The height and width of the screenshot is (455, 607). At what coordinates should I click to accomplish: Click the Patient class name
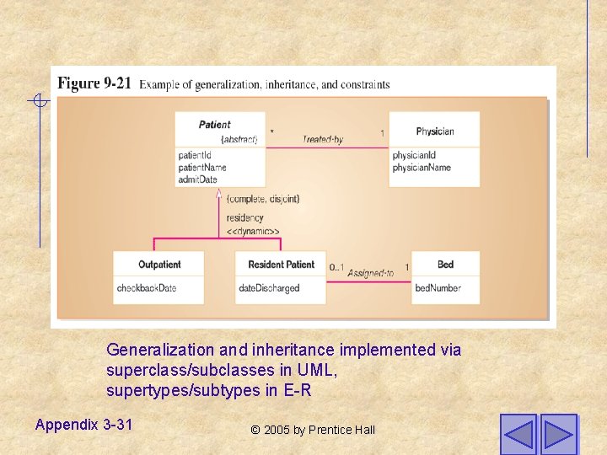[x=215, y=125]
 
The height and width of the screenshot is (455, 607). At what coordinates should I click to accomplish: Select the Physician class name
[x=435, y=131]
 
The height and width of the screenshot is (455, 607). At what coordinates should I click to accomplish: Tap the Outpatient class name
[x=159, y=265]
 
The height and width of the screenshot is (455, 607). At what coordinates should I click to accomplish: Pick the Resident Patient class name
[x=281, y=265]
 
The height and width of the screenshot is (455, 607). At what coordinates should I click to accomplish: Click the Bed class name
[x=445, y=265]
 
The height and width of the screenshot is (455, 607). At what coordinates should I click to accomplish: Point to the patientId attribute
[x=195, y=155]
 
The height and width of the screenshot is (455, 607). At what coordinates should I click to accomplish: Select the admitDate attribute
[x=198, y=179]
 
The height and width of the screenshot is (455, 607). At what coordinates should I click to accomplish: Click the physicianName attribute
[x=422, y=167]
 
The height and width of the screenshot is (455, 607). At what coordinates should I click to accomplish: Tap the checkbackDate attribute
[x=147, y=288]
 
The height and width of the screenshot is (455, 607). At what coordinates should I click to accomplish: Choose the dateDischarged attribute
[x=269, y=288]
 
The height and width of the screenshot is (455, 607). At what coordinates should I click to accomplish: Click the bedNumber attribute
[x=438, y=288]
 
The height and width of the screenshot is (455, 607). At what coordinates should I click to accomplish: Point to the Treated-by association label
[x=323, y=140]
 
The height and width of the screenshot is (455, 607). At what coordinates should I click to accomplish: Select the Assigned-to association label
[x=370, y=273]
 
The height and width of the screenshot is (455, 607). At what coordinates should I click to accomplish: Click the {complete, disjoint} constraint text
[x=263, y=199]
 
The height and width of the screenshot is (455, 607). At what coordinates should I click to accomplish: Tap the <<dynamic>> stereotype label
[x=253, y=231]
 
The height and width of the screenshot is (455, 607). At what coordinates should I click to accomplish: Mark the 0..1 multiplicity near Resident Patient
[x=336, y=268]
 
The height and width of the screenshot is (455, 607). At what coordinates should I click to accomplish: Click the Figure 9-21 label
[x=94, y=83]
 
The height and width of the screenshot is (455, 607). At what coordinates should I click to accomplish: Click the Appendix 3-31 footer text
[x=83, y=425]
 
